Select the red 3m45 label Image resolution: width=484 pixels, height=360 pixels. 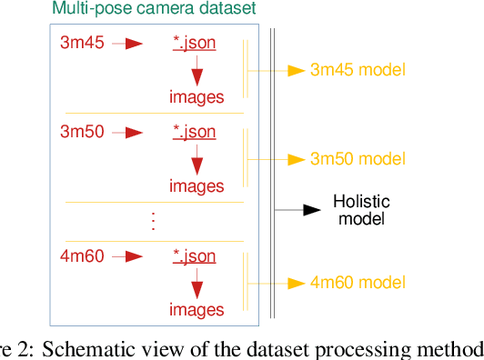pos(82,42)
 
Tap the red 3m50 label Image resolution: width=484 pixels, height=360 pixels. pos(82,132)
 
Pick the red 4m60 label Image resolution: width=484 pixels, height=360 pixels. pos(82,255)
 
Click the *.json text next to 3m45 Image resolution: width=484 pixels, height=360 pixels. pos(194,42)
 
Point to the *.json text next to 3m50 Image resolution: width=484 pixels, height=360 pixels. pos(194,132)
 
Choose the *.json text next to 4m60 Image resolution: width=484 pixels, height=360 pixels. pos(194,255)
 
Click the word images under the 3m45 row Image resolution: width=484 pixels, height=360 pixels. pos(196,96)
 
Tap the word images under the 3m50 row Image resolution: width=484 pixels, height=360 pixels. pos(196,186)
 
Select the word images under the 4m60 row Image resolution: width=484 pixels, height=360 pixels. pos(196,310)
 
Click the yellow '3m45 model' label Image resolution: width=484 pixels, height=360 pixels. pos(358,70)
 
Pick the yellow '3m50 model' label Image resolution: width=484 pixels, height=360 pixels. pos(358,160)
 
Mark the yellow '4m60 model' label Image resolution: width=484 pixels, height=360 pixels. pos(358,284)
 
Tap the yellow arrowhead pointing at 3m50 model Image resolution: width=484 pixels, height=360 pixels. pos(295,160)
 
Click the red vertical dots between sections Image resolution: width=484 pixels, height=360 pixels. pos(153,221)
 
